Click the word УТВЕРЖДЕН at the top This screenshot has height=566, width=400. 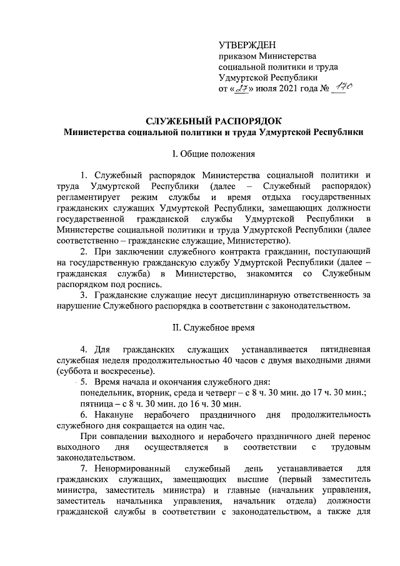[x=246, y=46]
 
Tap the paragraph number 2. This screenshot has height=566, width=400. [x=84, y=252]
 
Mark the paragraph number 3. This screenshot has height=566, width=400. [x=84, y=295]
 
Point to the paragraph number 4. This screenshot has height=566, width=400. [x=84, y=348]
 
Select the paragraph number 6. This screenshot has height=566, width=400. [x=84, y=415]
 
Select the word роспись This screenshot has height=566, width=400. [x=134, y=284]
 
